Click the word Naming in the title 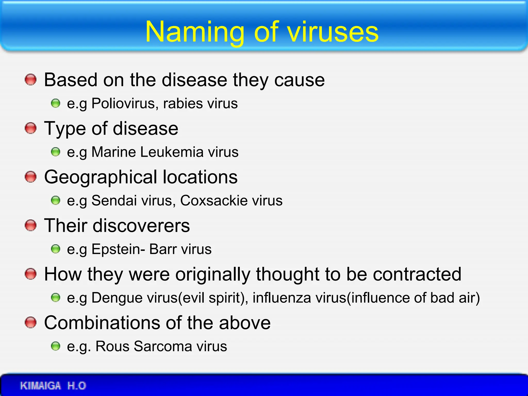coord(195,32)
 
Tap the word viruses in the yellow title coord(333,32)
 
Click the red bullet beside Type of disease coord(31,128)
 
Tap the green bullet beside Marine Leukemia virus coord(55,152)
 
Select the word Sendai coord(114,200)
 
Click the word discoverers coord(141,226)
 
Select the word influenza coord(282,298)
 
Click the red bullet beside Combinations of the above coord(31,323)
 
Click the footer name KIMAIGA coord(40,386)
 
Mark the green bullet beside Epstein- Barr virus coord(55,249)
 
